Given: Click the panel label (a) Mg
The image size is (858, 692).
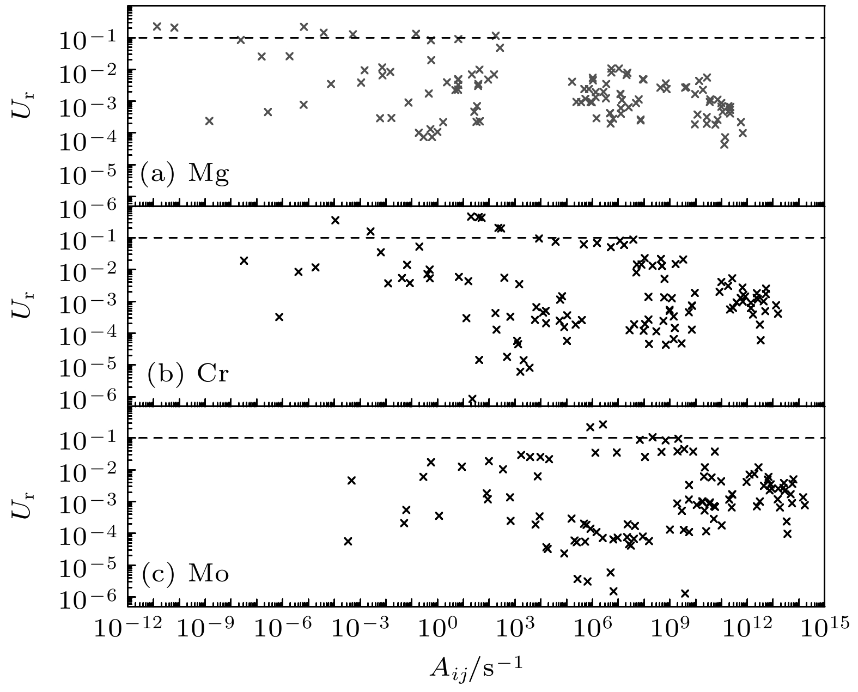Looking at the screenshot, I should [185, 174].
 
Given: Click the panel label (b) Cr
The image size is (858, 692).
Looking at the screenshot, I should [187, 375].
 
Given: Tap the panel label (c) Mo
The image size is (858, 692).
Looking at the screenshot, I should [185, 575].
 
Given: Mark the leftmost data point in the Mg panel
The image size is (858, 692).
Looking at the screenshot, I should [157, 26].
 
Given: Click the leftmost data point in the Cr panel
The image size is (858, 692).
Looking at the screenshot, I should [244, 260].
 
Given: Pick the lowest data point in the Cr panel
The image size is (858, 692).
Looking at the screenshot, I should [472, 398].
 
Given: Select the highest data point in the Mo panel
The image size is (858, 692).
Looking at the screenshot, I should [603, 424].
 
